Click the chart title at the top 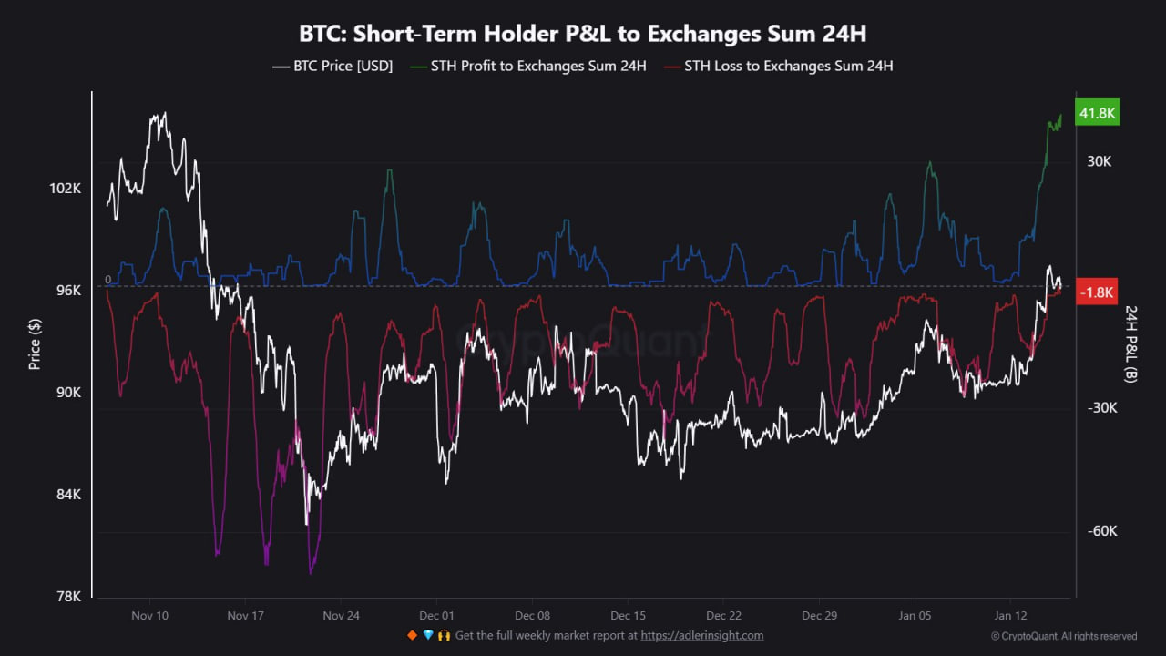tap(583, 34)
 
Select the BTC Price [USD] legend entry tap(332, 67)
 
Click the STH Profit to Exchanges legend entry tap(528, 67)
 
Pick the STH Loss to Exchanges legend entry tap(778, 67)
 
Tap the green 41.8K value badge tap(1097, 113)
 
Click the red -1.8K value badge tap(1097, 292)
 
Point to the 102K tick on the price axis tap(65, 189)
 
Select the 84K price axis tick tap(68, 495)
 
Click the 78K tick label tap(68, 597)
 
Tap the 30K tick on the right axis tap(1100, 161)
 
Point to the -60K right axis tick tap(1102, 531)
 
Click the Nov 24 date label tap(341, 616)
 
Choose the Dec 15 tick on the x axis tap(628, 616)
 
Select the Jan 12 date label tap(1009, 616)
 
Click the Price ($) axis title tap(35, 343)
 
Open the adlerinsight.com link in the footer tap(702, 636)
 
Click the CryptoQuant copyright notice tap(1064, 636)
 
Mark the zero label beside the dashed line tap(107, 280)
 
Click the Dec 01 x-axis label tap(436, 616)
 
